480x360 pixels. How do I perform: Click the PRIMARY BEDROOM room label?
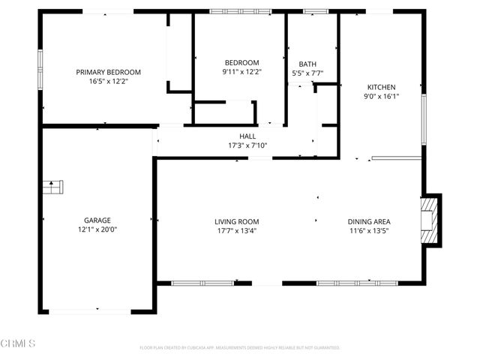tap(108, 72)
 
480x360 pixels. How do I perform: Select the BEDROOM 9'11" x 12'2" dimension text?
tap(241, 72)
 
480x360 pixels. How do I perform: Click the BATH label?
tap(307, 64)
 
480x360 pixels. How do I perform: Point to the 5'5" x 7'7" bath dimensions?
tap(307, 73)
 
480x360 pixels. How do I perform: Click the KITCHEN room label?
tap(380, 87)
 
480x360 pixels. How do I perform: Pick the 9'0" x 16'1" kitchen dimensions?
tap(380, 96)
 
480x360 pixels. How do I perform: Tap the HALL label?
tap(247, 136)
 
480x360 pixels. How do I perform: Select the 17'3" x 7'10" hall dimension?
tap(247, 145)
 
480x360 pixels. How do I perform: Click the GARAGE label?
tap(97, 220)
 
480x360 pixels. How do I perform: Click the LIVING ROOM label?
tap(237, 221)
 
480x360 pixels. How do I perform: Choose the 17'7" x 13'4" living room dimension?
tap(237, 230)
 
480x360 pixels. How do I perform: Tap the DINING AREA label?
tap(368, 221)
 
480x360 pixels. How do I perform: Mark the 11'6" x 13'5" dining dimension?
tap(368, 230)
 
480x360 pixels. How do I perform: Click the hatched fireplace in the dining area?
tap(428, 221)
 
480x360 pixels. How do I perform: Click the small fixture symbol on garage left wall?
tap(52, 187)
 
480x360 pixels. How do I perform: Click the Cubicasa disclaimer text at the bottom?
tap(240, 348)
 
